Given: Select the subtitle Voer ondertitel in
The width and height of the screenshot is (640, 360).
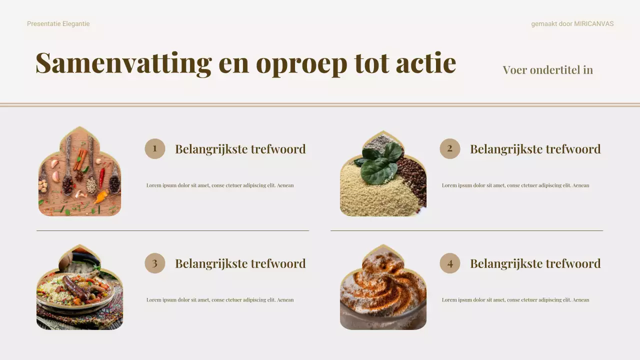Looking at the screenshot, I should click(547, 70).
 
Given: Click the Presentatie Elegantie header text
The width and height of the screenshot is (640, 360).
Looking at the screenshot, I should click(58, 24).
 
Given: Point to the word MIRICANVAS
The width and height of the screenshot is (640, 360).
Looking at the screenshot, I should click(593, 24).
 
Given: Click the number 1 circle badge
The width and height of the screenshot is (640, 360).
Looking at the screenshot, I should click(154, 148).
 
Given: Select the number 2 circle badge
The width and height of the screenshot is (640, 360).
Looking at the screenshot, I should click(449, 148).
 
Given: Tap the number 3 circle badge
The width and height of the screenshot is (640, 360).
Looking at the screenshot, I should click(154, 263).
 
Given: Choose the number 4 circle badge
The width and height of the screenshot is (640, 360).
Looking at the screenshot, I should click(449, 263).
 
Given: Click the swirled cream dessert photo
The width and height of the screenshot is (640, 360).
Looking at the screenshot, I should click(383, 290).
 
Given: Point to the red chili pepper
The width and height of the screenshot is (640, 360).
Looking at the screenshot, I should click(102, 176).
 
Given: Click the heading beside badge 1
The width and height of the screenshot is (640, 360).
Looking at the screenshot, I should click(240, 149).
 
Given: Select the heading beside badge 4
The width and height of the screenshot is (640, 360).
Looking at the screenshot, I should click(535, 263).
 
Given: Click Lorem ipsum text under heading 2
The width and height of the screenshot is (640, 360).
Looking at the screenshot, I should click(515, 185).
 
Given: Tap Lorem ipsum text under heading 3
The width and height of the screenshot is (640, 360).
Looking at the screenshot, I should click(220, 300).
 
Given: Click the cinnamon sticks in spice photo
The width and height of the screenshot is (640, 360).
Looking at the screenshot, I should click(79, 158).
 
